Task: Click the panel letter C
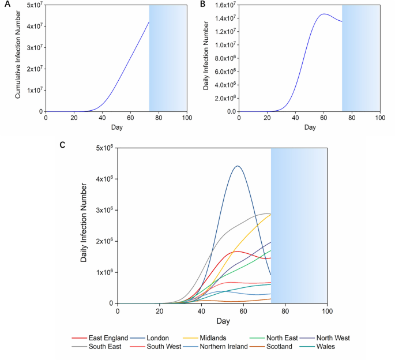click(63, 144)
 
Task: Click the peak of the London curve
click(237, 166)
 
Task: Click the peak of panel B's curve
click(324, 14)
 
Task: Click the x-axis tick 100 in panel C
click(327, 311)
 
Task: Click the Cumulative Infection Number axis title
click(18, 58)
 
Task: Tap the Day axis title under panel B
click(310, 127)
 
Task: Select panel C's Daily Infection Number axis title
click(84, 225)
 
